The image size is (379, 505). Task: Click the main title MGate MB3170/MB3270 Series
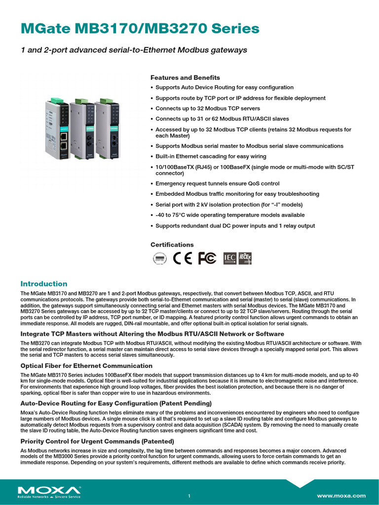[x=140, y=29]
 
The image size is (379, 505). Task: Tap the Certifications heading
[x=172, y=245]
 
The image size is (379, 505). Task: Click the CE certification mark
[x=183, y=258]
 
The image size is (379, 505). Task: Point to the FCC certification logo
[x=207, y=258]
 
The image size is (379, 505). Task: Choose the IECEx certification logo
[x=245, y=258]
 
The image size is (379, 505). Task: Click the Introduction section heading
[x=43, y=284]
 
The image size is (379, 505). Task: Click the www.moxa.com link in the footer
[x=341, y=496]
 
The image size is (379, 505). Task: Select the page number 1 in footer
[x=189, y=496]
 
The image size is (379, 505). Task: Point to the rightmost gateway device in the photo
[x=108, y=130]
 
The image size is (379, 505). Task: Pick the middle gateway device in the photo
[x=83, y=130]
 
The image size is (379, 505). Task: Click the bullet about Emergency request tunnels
[x=217, y=183]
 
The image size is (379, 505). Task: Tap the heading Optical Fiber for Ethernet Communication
[x=86, y=365]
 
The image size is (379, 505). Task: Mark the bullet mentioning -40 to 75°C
[x=229, y=215]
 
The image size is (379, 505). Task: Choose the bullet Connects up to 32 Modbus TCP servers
[x=207, y=108]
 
